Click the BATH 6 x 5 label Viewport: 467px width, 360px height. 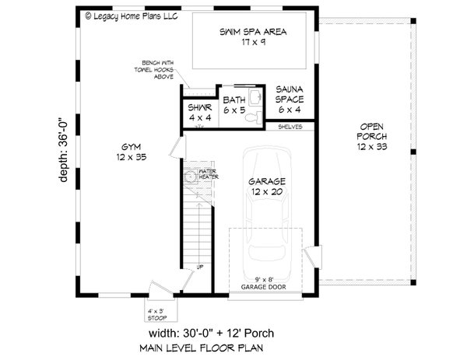[x=233, y=104]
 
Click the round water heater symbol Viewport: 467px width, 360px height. [x=189, y=178]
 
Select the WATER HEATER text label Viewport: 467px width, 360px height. [x=207, y=173]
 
